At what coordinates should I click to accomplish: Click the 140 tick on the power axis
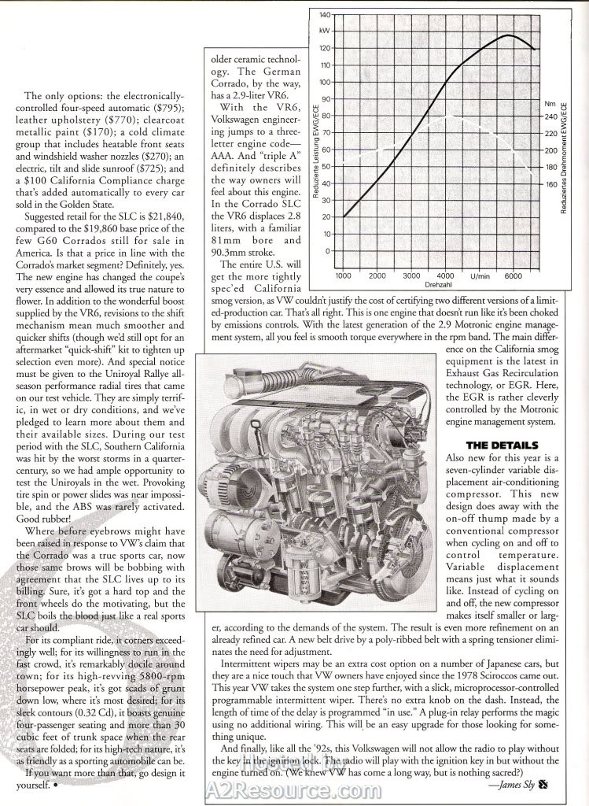[x=325, y=15]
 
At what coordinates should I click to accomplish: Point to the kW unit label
[x=324, y=31]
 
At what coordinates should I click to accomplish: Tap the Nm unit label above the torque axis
[x=549, y=103]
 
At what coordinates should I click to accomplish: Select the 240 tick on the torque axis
[x=550, y=116]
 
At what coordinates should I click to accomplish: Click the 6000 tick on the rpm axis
[x=514, y=276]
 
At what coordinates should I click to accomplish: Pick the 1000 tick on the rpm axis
[x=344, y=276]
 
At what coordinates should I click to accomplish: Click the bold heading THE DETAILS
[x=500, y=445]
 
